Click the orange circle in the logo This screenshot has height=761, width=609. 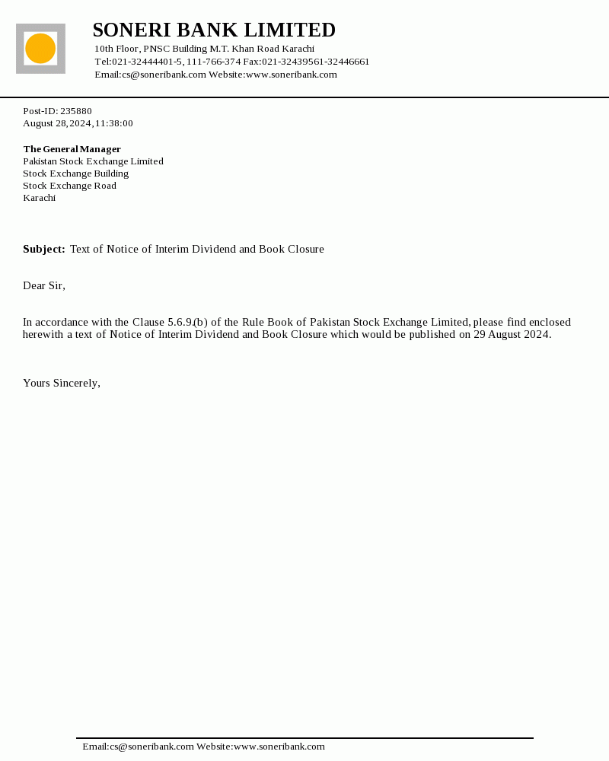(40, 49)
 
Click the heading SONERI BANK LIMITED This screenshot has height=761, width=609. (214, 30)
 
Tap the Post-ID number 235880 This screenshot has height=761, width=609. (76, 111)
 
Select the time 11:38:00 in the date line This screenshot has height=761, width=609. (114, 123)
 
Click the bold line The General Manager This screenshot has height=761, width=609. (72, 149)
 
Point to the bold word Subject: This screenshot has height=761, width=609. (44, 250)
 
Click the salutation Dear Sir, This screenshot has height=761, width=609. (44, 286)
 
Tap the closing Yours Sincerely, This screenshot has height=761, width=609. (62, 384)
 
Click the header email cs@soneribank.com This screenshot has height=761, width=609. (164, 75)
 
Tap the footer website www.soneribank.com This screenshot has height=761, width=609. (279, 747)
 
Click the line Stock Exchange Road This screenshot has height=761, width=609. (70, 186)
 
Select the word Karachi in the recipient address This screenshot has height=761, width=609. (40, 198)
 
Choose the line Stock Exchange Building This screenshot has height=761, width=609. (76, 174)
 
